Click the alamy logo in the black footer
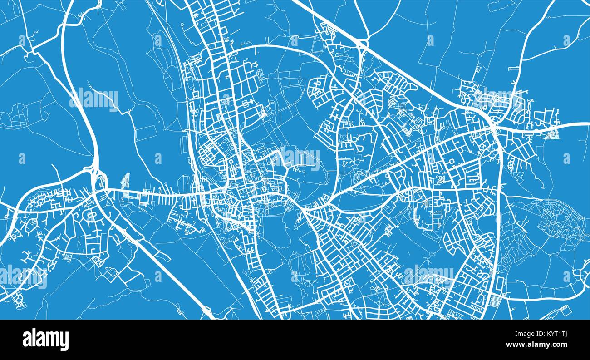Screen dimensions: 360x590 click(45, 339)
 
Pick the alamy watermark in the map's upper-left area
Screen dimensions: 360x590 click(94, 99)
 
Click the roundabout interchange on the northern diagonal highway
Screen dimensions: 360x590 click(362, 44)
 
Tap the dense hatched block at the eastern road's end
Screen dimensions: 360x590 click(552, 133)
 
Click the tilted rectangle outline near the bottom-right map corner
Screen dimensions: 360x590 click(565, 309)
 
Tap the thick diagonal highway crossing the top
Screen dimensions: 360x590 click(408, 73)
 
